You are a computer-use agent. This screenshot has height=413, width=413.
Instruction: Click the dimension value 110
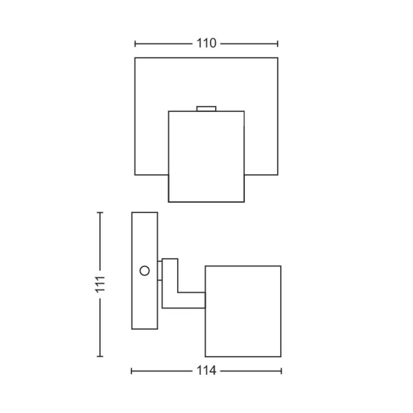(206, 44)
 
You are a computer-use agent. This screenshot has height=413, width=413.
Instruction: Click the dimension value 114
(206, 371)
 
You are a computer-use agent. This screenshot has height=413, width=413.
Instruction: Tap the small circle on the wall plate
(144, 271)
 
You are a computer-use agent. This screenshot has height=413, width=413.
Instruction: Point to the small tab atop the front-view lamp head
(206, 108)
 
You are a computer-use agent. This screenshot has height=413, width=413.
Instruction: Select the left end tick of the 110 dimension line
(135, 44)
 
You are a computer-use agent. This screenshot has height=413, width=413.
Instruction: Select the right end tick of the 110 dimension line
(277, 44)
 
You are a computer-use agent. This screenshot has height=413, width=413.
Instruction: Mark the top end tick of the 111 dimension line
(100, 213)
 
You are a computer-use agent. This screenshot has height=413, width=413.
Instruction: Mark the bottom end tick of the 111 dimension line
(100, 356)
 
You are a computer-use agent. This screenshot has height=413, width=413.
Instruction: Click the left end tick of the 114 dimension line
(132, 371)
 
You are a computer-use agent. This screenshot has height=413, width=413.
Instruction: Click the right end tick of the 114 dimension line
(281, 371)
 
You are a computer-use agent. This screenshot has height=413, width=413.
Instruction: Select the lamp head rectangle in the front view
(206, 157)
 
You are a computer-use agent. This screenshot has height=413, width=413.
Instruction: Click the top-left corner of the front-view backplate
(135, 58)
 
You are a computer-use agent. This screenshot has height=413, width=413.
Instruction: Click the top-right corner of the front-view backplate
(277, 58)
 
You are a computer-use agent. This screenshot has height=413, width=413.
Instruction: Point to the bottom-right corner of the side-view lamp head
(281, 356)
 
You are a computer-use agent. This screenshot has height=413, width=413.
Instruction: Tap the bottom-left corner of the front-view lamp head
(169, 202)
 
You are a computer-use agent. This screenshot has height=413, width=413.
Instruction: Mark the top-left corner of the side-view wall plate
(132, 213)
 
